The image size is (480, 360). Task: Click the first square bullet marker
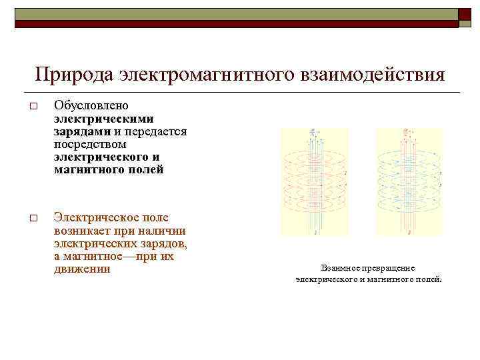tap(33, 107)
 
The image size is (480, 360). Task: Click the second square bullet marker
tap(33, 218)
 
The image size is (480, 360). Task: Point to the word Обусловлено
tap(91, 106)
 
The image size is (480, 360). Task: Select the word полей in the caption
tap(429, 280)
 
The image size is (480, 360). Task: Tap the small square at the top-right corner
tap(465, 15)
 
